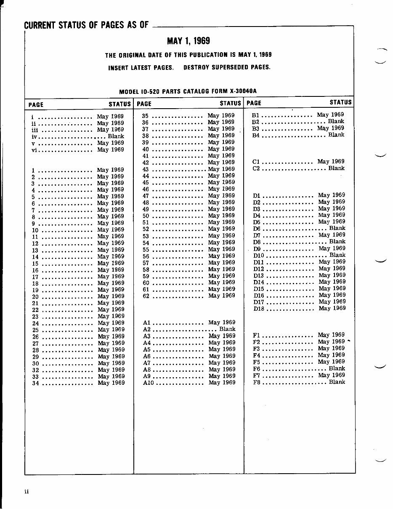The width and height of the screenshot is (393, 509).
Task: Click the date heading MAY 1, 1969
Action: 188,41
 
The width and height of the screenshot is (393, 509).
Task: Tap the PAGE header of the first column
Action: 36,104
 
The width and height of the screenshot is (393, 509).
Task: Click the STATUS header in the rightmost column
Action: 340,102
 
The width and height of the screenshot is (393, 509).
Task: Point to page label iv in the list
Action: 35,136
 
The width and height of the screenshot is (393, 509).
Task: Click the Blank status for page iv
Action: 116,136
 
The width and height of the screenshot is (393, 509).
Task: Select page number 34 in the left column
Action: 35,384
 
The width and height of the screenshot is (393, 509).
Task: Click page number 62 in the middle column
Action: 146,296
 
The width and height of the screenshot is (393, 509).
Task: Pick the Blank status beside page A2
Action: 227,329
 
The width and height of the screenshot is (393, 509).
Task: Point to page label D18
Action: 259,309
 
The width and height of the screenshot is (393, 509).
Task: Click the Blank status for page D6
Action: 337,228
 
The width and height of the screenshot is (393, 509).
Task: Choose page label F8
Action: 257,382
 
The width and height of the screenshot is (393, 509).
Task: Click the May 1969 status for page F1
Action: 331,335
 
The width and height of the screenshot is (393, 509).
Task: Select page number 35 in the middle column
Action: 145,115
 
